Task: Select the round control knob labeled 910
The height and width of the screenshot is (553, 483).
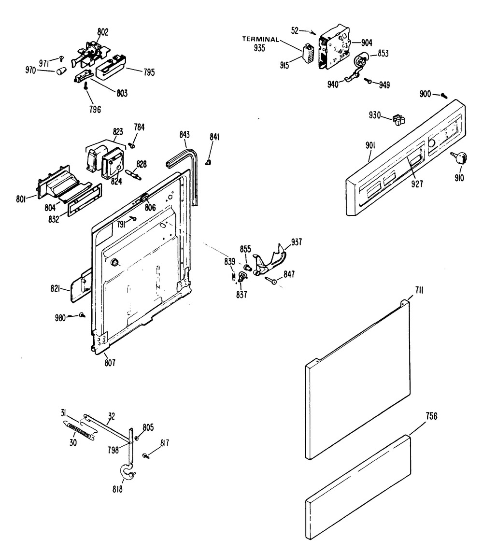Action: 461,157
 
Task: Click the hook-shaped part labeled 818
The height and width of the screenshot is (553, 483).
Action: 127,473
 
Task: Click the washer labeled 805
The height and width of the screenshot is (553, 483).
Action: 137,438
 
